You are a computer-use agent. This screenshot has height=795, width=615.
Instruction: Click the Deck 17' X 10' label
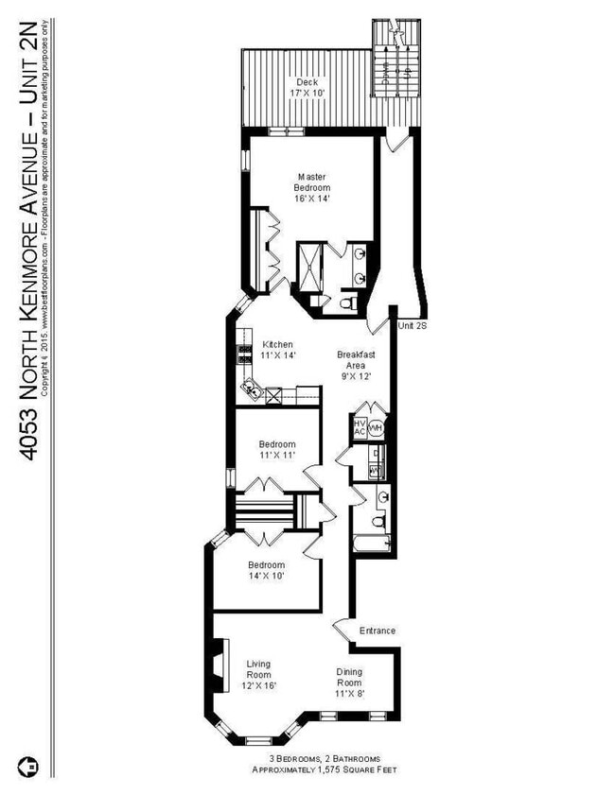click(x=304, y=88)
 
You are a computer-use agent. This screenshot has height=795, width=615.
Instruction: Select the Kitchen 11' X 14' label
click(x=278, y=351)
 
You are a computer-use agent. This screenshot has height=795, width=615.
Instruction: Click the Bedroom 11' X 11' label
click(x=277, y=450)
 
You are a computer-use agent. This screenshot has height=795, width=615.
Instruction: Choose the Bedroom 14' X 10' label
click(x=265, y=570)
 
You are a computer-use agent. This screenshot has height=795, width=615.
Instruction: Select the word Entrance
click(x=377, y=631)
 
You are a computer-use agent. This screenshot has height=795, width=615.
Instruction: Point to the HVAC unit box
click(x=360, y=427)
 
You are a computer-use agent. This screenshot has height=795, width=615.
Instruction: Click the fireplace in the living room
click(x=219, y=669)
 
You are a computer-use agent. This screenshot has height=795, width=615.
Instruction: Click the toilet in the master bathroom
click(x=346, y=303)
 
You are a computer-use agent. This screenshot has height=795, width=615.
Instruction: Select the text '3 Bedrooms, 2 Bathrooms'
click(x=311, y=758)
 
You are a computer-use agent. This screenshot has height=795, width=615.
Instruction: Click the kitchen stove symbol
click(x=243, y=353)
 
